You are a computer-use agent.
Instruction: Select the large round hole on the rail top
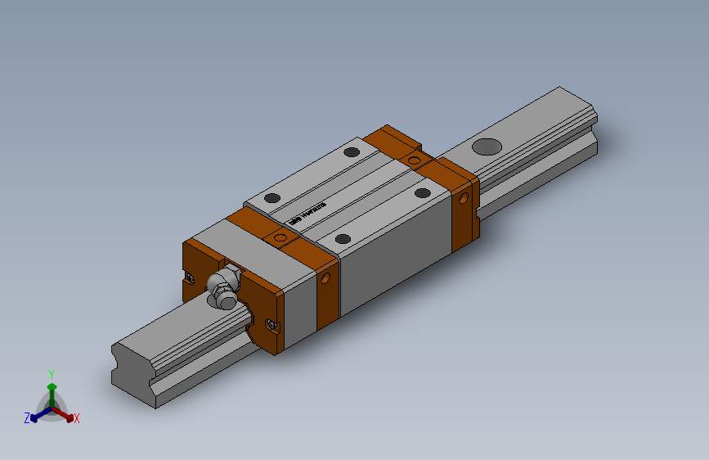click(x=487, y=147)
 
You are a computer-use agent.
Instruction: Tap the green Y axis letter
click(x=52, y=372)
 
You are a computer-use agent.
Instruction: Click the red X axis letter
click(x=77, y=418)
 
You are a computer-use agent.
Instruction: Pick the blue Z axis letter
click(x=27, y=417)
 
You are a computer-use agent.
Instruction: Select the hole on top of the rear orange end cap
click(x=415, y=160)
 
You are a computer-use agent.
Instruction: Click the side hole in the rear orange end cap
click(x=465, y=198)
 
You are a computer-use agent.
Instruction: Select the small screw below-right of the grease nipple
click(x=271, y=325)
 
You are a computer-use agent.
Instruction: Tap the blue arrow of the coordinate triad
click(x=37, y=414)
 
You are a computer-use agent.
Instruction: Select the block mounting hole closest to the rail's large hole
click(x=422, y=193)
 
